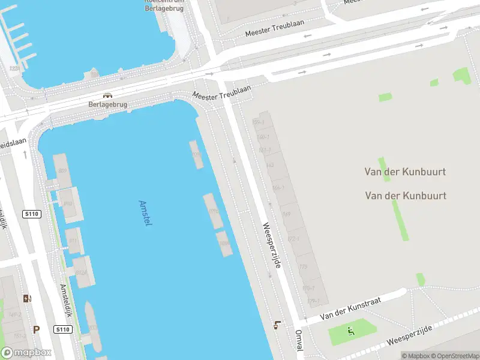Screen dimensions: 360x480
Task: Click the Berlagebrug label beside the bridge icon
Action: pos(108,104)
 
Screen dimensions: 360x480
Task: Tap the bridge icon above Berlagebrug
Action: pos(107,95)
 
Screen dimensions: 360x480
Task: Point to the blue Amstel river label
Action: pos(145,213)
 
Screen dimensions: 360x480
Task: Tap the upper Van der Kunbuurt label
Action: pos(406,172)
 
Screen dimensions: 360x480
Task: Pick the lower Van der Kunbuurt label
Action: pos(406,196)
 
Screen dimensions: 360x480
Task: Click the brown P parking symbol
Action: pos(36,329)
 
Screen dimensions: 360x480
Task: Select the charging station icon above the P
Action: pos(27,298)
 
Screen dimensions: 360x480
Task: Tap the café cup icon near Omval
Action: pos(277,325)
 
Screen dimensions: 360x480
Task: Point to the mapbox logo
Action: pos(26,353)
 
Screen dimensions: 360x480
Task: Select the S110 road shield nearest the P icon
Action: pos(62,329)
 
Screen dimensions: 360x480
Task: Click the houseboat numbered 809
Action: pos(62,171)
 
